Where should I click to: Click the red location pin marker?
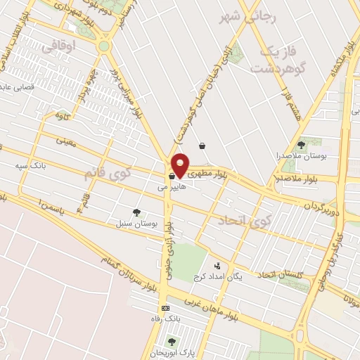(x=180, y=165)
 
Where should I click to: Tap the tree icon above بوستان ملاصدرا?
(x=300, y=144)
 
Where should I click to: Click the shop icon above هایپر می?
(x=172, y=176)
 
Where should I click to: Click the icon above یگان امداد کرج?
(x=217, y=266)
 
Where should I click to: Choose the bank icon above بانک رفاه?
(x=165, y=309)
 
